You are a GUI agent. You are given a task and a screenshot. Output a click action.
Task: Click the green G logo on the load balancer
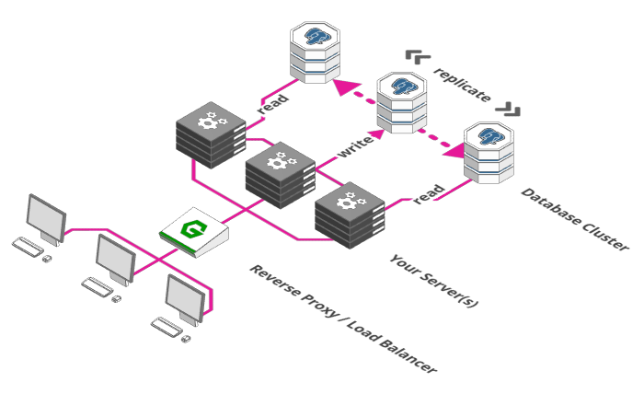coord(193,228)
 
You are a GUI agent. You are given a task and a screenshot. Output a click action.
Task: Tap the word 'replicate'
coord(463,85)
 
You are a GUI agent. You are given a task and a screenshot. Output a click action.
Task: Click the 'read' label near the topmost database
coord(272,104)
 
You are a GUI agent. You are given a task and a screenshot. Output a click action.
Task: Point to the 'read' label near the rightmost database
coord(429,195)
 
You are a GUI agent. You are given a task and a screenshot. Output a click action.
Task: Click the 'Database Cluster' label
coord(575,219)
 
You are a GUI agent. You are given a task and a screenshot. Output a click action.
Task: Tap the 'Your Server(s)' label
coord(434,281)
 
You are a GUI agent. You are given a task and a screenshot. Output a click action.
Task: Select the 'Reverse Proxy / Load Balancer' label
coord(343,319)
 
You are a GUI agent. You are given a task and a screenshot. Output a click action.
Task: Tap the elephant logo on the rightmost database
coord(491,136)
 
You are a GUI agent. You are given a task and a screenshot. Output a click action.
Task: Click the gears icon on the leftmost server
coord(212,120)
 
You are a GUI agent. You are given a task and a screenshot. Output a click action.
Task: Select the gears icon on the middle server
coord(282,160)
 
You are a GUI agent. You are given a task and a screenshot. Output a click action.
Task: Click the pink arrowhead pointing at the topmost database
coord(343,87)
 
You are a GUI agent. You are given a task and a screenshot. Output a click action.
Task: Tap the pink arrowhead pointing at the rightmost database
coord(454,151)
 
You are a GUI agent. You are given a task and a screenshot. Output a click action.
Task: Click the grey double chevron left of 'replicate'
coord(418,57)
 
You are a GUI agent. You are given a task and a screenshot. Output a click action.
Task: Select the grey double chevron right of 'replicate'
coord(508,110)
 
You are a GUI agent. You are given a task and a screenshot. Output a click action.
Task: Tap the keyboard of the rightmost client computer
coord(167,327)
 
